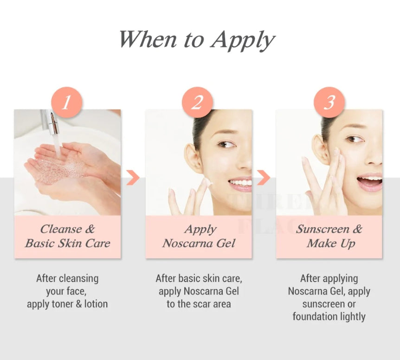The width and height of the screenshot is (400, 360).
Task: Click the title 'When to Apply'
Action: (x=197, y=40)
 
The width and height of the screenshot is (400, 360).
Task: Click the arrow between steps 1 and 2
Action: (x=133, y=177)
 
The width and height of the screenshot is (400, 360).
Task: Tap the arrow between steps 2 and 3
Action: (x=264, y=177)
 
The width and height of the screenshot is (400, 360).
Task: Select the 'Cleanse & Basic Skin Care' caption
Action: (x=67, y=236)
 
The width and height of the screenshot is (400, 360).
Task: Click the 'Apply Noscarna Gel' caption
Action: (x=199, y=236)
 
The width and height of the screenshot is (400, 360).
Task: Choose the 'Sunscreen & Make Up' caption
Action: (x=329, y=236)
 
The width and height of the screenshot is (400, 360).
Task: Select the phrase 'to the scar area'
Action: (x=199, y=304)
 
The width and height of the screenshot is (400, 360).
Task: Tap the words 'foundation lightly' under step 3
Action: (x=329, y=317)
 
